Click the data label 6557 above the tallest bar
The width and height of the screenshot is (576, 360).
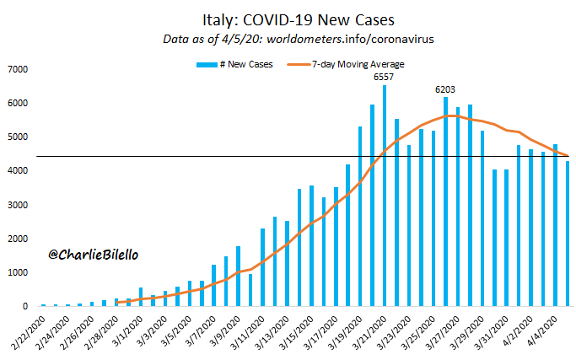pos(385,77)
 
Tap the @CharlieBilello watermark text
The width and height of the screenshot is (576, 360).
pos(92,253)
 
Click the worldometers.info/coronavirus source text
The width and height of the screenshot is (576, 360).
pos(358,39)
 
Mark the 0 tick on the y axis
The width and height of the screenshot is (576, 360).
pos(26,307)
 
